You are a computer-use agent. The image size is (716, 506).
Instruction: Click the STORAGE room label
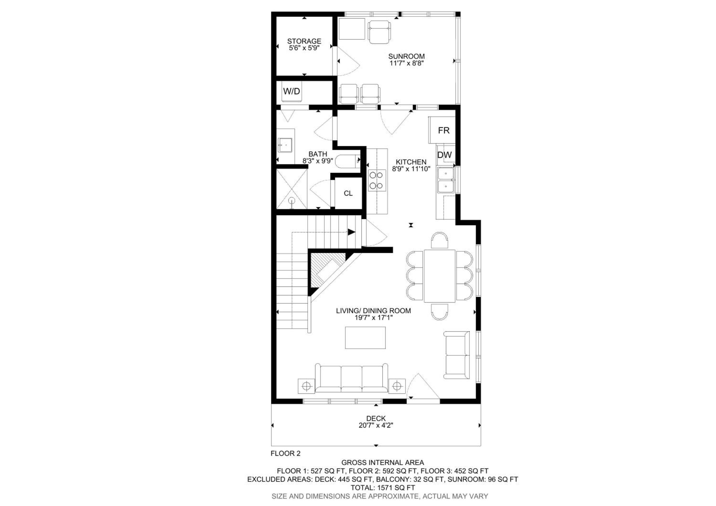(x=304, y=41)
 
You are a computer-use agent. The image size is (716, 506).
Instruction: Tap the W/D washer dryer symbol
(x=292, y=91)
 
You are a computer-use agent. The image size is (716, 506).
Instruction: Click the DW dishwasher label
(x=444, y=155)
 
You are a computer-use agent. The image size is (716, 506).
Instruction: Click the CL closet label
(x=348, y=193)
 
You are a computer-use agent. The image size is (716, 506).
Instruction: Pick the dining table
(x=439, y=276)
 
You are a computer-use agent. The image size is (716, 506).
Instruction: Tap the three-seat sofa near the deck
(x=352, y=378)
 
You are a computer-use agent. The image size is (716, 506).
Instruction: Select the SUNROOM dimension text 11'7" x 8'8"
(x=406, y=63)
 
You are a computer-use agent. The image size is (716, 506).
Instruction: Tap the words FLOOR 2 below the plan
(x=285, y=453)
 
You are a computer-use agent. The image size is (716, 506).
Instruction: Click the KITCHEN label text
(x=411, y=162)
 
